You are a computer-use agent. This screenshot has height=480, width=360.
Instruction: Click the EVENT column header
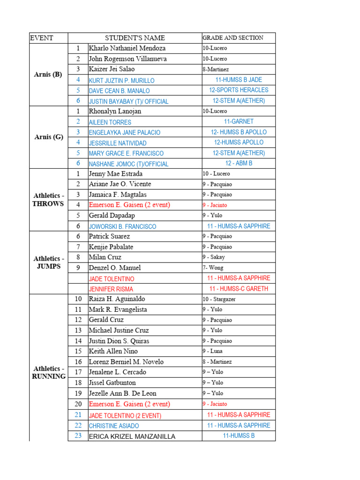click(x=41, y=38)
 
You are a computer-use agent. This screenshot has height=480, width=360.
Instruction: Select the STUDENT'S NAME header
click(x=135, y=38)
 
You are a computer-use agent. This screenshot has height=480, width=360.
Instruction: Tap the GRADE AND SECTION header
click(x=233, y=38)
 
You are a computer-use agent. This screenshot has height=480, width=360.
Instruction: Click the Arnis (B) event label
click(x=48, y=75)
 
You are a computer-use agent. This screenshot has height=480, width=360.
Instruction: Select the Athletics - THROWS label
click(x=48, y=200)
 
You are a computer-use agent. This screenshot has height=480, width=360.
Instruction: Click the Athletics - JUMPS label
click(x=49, y=262)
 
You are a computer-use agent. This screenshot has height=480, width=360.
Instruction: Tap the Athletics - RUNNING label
click(x=49, y=373)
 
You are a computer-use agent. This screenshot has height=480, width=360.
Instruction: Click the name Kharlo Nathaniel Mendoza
click(x=127, y=48)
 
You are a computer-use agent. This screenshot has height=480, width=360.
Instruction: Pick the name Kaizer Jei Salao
click(x=112, y=69)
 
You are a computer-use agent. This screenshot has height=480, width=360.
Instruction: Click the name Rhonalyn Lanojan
click(x=115, y=112)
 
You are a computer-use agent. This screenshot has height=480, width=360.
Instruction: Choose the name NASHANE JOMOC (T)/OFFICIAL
click(x=128, y=164)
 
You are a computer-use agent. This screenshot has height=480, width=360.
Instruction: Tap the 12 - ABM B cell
click(x=239, y=163)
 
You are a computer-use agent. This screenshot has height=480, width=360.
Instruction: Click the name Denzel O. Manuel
click(x=115, y=268)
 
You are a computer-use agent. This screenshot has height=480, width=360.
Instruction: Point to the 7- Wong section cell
click(x=213, y=268)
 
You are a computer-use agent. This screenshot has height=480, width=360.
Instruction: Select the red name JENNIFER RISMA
click(x=111, y=289)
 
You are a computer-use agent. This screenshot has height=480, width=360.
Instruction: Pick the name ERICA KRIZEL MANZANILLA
click(x=132, y=436)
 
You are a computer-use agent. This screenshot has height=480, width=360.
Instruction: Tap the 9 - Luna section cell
click(x=212, y=351)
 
